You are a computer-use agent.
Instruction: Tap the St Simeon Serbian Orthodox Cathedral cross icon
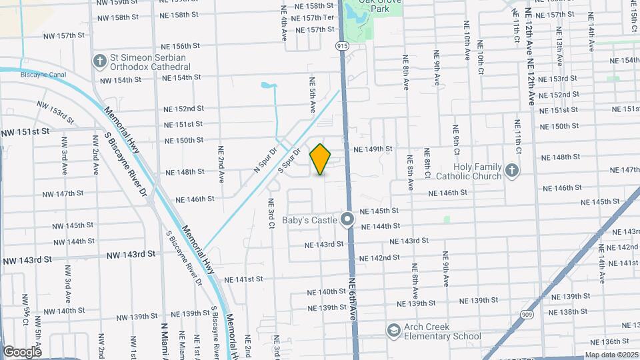[100, 61]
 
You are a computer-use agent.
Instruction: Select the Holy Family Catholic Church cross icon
[512, 170]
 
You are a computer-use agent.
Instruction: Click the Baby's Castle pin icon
[347, 219]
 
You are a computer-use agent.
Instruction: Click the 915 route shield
[342, 45]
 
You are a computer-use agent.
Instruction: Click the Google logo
[22, 351]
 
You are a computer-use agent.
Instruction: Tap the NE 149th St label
[373, 149]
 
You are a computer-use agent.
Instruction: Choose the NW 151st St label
[25, 132]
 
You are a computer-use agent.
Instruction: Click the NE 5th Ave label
[312, 93]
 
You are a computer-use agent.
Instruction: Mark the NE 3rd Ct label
[272, 214]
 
